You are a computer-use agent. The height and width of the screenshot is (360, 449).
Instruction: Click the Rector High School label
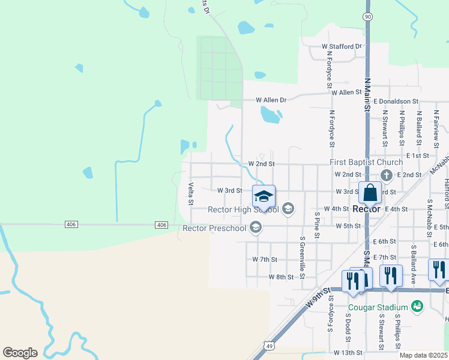pyautogui.click(x=243, y=210)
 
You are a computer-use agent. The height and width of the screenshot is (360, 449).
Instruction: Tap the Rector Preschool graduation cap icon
pyautogui.click(x=256, y=227)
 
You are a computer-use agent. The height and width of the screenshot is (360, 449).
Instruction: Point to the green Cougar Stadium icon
pyautogui.click(x=417, y=307)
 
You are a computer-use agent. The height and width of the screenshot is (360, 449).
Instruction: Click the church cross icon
pyautogui.click(x=387, y=175)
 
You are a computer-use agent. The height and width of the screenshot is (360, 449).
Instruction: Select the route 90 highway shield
pyautogui.click(x=367, y=17)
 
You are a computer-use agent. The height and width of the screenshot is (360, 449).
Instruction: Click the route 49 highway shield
pyautogui.click(x=269, y=345)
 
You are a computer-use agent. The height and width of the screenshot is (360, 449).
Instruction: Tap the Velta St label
pyautogui.click(x=190, y=193)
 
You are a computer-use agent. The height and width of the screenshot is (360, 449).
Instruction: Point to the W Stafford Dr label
pyautogui.click(x=342, y=46)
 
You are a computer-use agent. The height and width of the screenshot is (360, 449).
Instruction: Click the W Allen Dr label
pyautogui.click(x=271, y=100)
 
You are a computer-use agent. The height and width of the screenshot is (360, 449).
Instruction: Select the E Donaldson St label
pyautogui.click(x=396, y=102)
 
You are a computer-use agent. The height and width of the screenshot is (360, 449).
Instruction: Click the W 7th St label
pyautogui.click(x=265, y=259)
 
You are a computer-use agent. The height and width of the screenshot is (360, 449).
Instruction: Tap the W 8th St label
pyautogui.click(x=281, y=277)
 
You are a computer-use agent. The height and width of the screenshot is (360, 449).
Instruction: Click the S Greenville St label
pyautogui.click(x=303, y=253)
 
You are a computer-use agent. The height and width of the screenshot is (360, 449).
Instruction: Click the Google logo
pyautogui.click(x=20, y=353)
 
